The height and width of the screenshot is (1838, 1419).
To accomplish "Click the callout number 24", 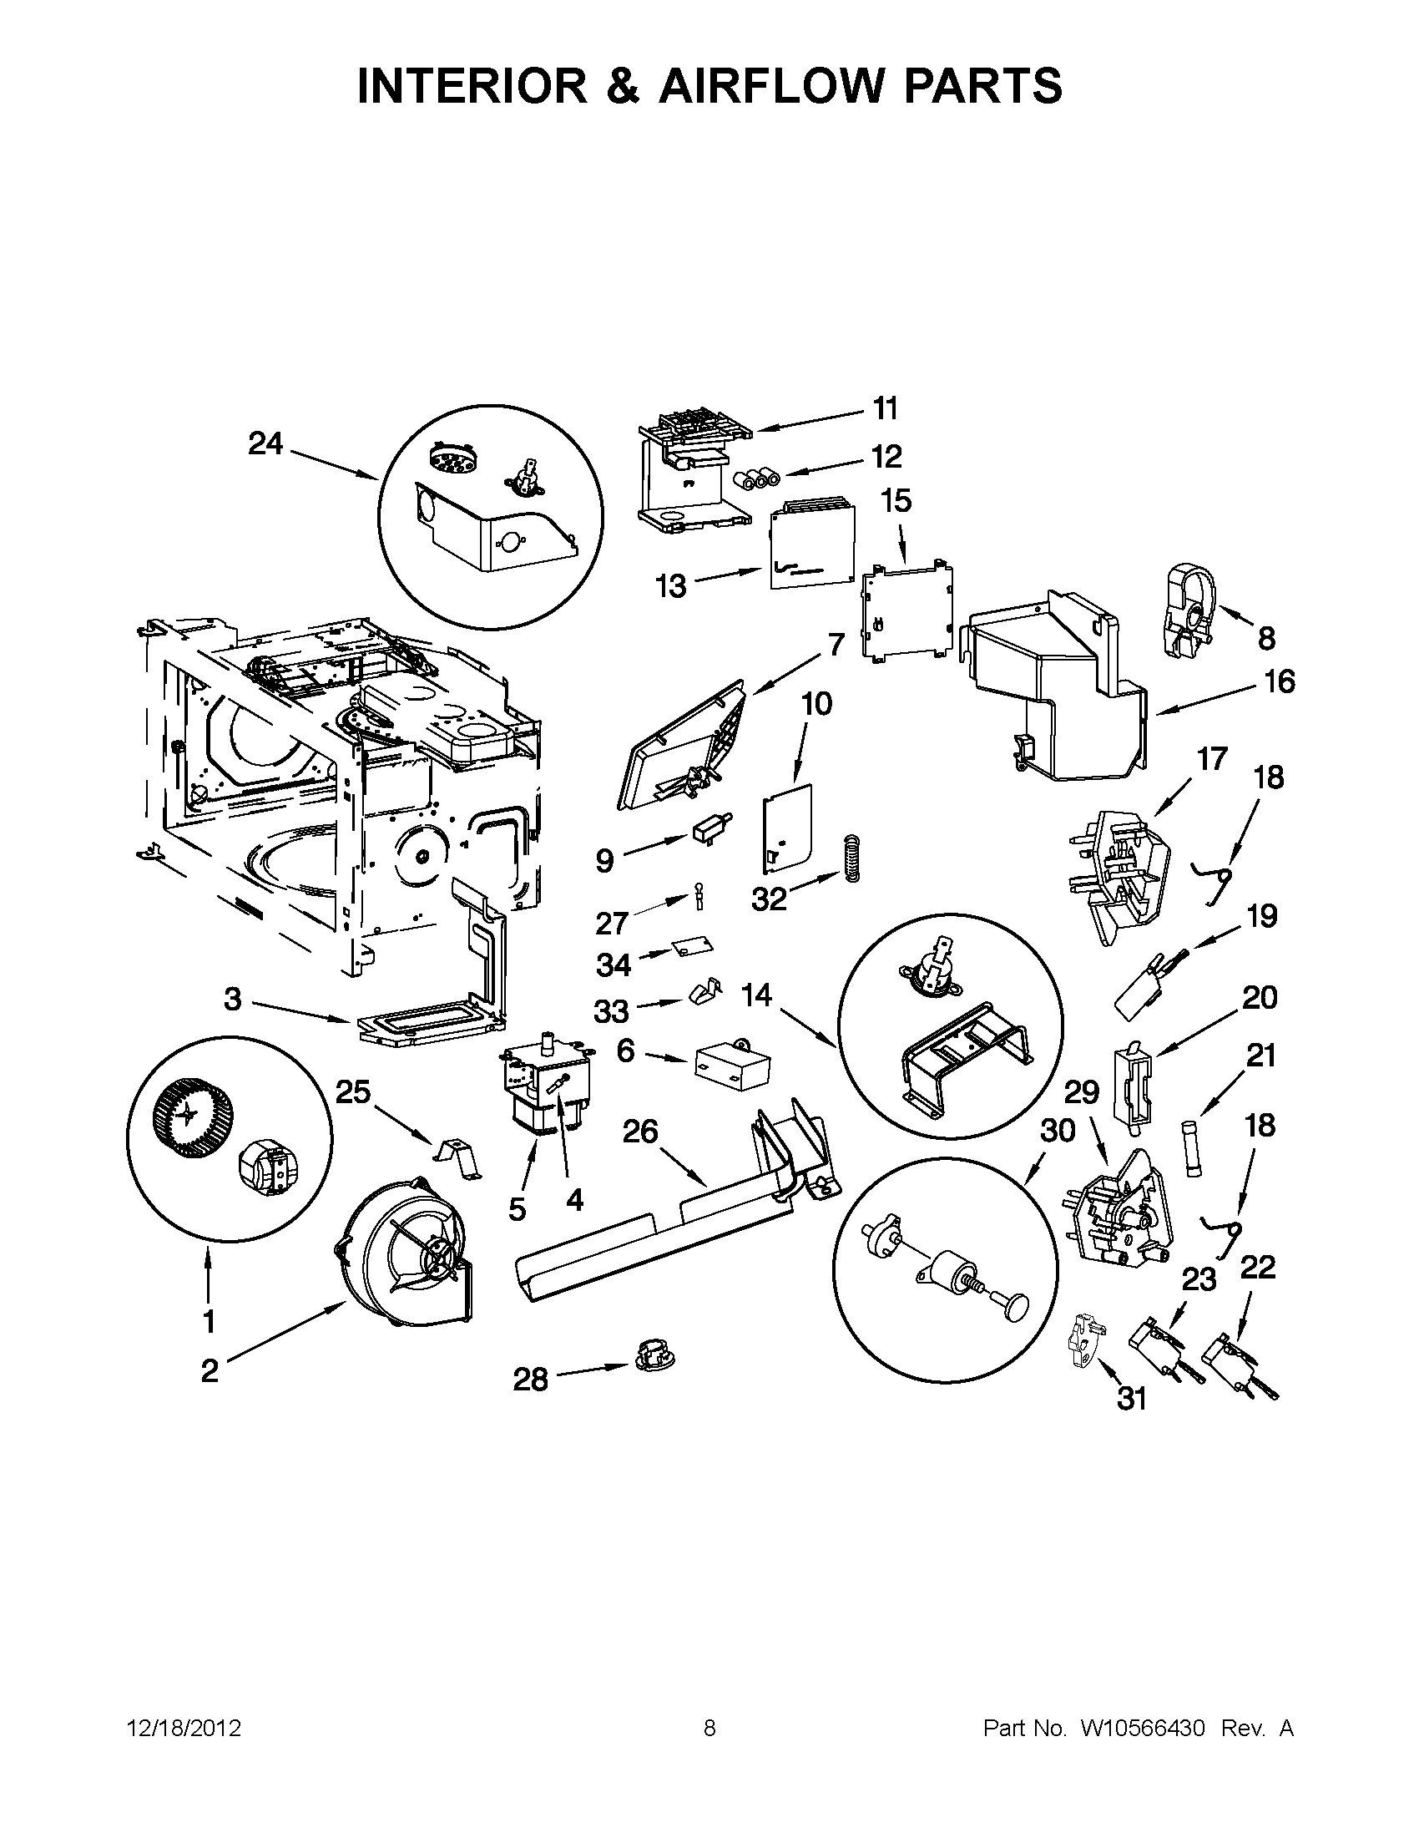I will [265, 443].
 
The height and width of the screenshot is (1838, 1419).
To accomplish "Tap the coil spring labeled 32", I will [851, 858].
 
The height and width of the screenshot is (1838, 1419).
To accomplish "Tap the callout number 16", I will [1280, 681].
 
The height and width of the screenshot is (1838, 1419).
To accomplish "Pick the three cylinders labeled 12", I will [755, 481].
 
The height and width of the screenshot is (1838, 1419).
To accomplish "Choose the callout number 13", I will [670, 585].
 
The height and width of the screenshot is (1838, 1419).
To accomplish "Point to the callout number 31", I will [1132, 1399].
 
